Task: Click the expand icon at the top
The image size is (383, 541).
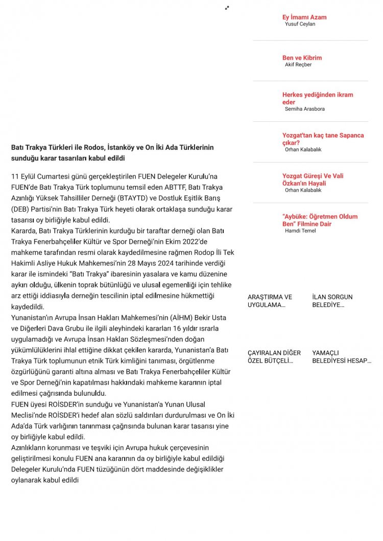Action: (x=227, y=8)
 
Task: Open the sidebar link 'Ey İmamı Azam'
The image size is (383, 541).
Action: (x=304, y=17)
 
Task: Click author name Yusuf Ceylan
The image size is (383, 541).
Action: (x=300, y=24)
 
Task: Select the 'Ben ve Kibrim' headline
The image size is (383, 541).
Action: (x=302, y=58)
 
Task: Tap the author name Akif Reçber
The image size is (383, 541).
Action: (x=298, y=65)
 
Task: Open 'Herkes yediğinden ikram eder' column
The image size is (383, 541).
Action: (x=317, y=98)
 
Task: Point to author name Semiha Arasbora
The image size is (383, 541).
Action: (x=304, y=109)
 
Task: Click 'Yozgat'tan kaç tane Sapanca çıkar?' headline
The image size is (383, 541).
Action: (x=323, y=139)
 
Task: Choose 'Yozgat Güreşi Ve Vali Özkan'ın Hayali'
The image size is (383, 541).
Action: (x=313, y=179)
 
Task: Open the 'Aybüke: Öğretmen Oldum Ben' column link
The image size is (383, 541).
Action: (x=320, y=220)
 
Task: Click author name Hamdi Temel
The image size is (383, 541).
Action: (x=300, y=231)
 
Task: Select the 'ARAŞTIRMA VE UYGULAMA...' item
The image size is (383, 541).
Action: (x=270, y=301)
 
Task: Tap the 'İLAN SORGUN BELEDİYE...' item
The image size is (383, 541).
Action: (x=332, y=301)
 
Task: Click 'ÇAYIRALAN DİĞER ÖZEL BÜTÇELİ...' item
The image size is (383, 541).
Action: (x=274, y=356)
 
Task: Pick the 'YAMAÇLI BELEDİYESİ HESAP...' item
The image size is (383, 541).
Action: (x=341, y=356)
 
